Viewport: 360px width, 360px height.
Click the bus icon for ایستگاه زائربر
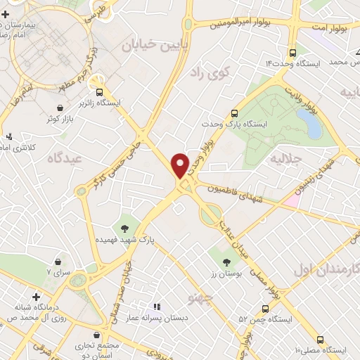[100, 91]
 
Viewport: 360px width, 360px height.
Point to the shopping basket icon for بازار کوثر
[61, 108]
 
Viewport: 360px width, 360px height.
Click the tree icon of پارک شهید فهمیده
[124, 227]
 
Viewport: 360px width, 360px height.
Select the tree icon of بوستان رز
[226, 262]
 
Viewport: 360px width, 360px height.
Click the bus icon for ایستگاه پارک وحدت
[235, 112]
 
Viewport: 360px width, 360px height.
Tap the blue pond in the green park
[309, 123]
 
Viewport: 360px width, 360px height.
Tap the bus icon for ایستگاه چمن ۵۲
[265, 309]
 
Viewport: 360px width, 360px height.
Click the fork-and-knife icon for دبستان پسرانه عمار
[157, 307]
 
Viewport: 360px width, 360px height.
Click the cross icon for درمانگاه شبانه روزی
[36, 297]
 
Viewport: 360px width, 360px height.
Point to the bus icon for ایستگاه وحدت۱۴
[292, 51]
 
